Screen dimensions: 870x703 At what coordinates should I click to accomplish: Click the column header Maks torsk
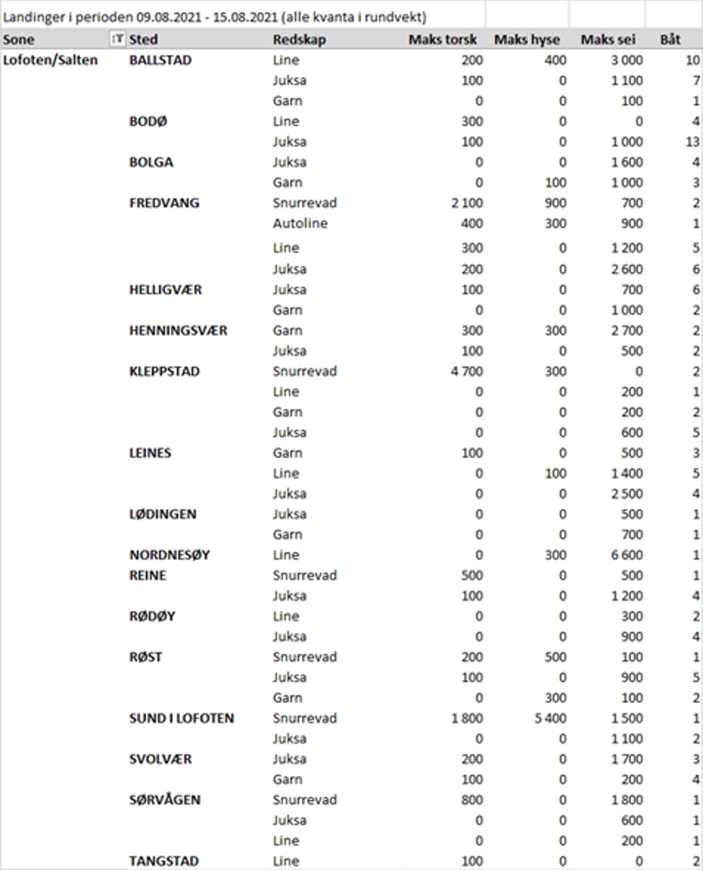point(442,40)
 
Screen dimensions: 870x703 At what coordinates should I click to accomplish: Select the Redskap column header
point(299,40)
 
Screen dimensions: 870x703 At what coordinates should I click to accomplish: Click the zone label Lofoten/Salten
point(50,60)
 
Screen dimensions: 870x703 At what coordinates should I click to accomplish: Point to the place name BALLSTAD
point(160,60)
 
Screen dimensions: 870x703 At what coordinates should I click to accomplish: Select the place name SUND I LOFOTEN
point(182,718)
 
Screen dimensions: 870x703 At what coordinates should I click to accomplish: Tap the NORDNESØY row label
point(169,555)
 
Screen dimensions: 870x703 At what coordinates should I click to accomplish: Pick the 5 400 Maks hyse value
point(550,718)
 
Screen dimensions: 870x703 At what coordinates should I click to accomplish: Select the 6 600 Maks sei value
point(627,555)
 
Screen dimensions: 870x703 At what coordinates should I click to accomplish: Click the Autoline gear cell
point(300,223)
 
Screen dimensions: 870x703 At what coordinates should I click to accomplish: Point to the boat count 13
point(693,142)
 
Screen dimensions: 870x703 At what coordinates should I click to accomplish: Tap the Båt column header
point(670,40)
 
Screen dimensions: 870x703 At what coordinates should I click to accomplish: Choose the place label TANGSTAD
point(164,861)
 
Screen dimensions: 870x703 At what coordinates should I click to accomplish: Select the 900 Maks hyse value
point(555,203)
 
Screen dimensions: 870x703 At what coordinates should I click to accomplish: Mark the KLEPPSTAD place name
point(164,372)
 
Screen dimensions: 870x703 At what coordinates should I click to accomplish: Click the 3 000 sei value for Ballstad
point(627,60)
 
